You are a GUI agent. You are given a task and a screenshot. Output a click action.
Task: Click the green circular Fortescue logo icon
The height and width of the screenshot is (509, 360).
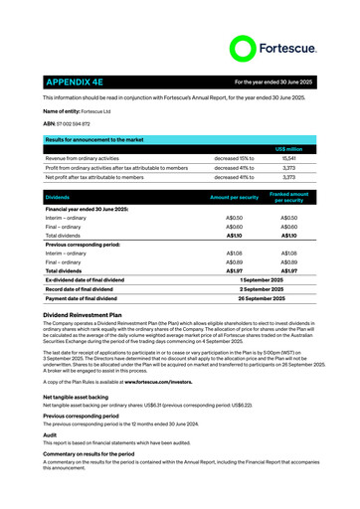(244, 48)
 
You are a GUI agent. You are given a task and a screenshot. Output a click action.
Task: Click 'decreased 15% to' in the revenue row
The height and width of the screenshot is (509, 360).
(234, 158)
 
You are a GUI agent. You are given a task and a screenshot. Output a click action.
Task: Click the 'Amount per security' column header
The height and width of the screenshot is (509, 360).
(235, 198)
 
